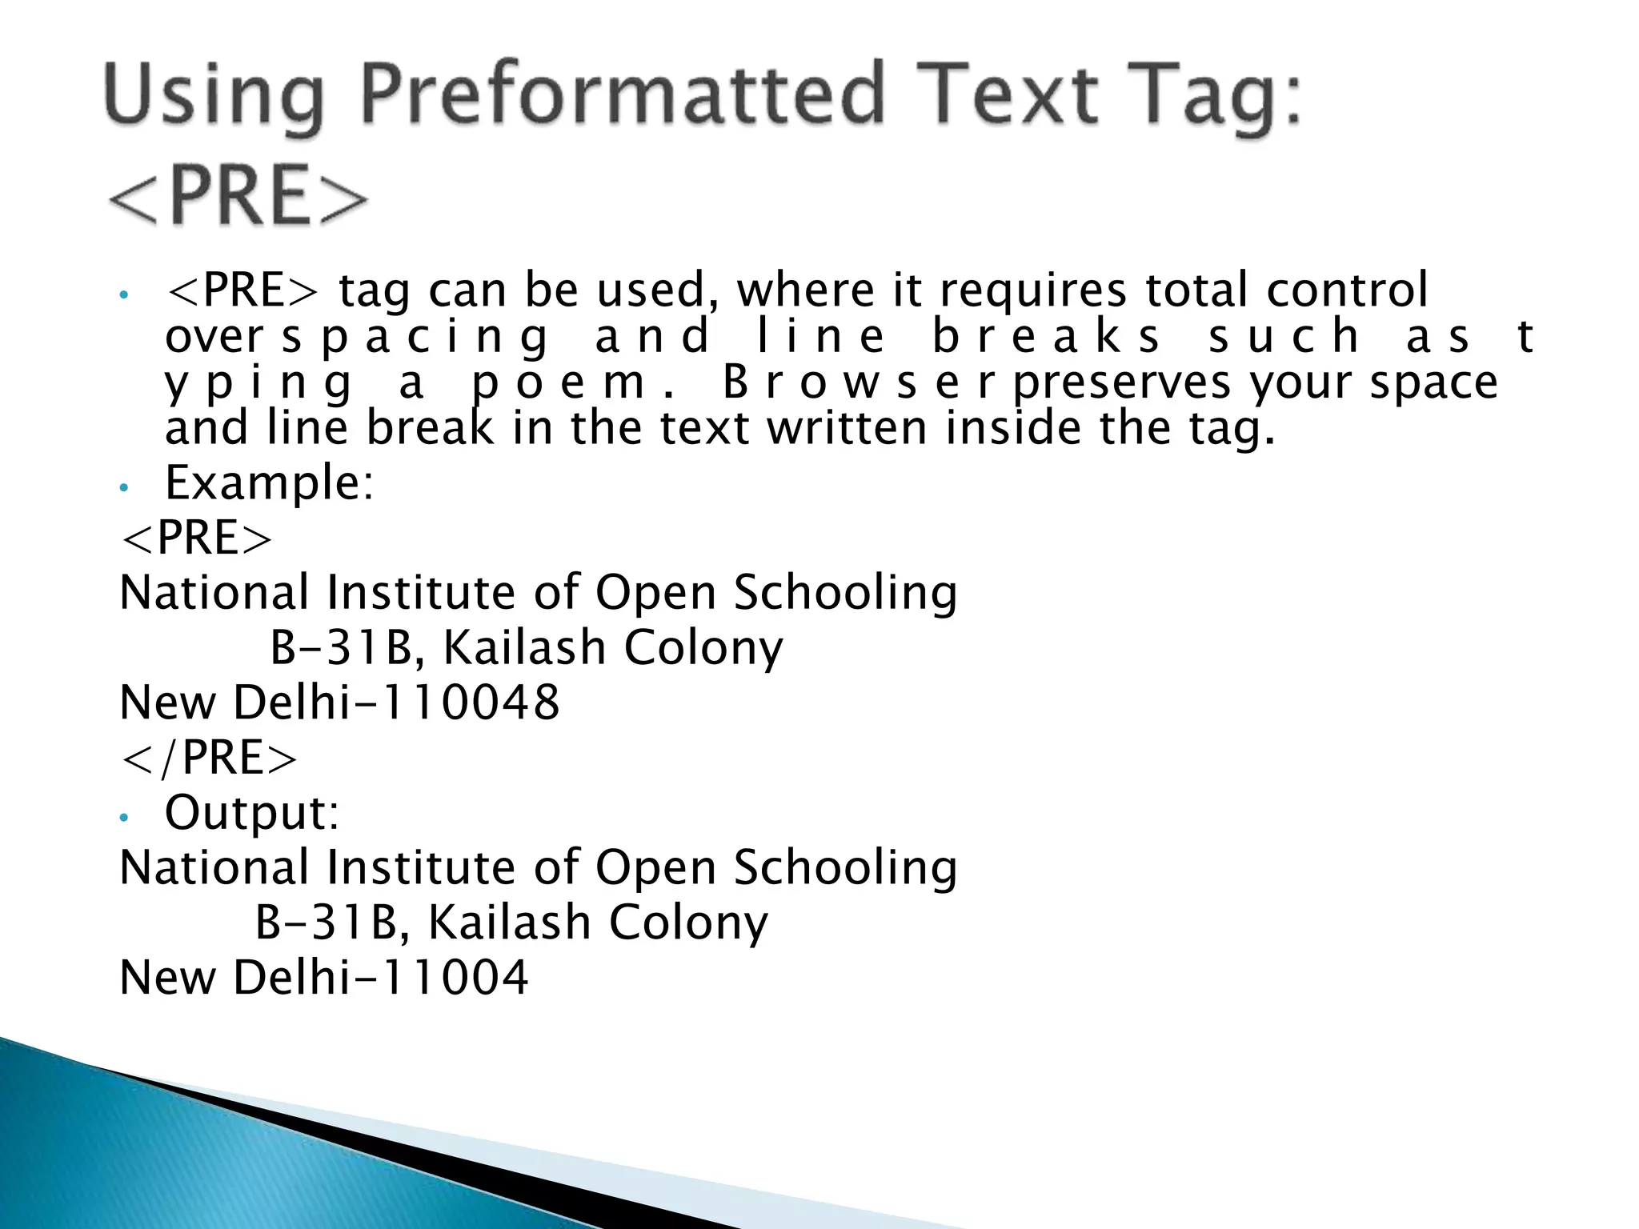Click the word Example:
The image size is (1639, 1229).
coord(269,484)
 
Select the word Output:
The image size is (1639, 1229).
coord(252,813)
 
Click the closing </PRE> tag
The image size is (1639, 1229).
coord(208,758)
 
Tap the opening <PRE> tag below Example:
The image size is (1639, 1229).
coord(196,538)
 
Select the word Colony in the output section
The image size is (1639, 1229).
coord(688,923)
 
